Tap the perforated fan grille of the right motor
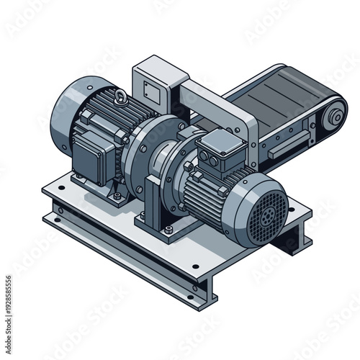click(264, 210)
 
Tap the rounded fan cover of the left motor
click(66, 115)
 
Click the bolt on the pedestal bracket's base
click(168, 230)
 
